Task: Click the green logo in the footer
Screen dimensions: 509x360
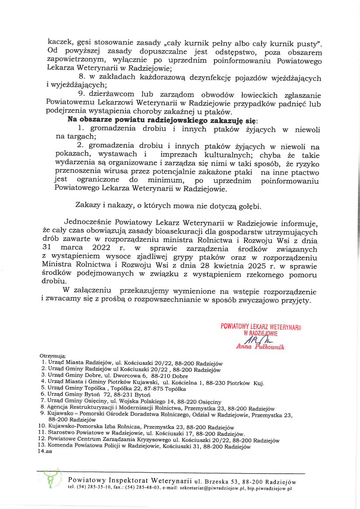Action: (x=52, y=481)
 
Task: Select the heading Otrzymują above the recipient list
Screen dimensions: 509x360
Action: (x=52, y=356)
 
